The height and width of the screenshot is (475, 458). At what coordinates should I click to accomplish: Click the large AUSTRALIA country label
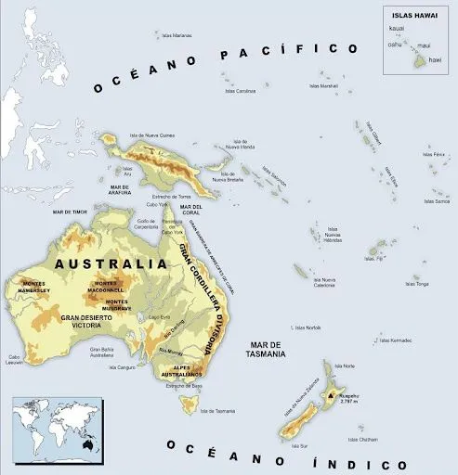pyautogui.click(x=111, y=263)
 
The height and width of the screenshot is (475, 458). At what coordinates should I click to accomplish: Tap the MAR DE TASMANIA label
pyautogui.click(x=267, y=350)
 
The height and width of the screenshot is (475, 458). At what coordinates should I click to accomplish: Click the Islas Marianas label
pyautogui.click(x=176, y=35)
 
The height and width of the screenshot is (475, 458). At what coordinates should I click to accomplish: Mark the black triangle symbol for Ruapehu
pyautogui.click(x=329, y=396)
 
